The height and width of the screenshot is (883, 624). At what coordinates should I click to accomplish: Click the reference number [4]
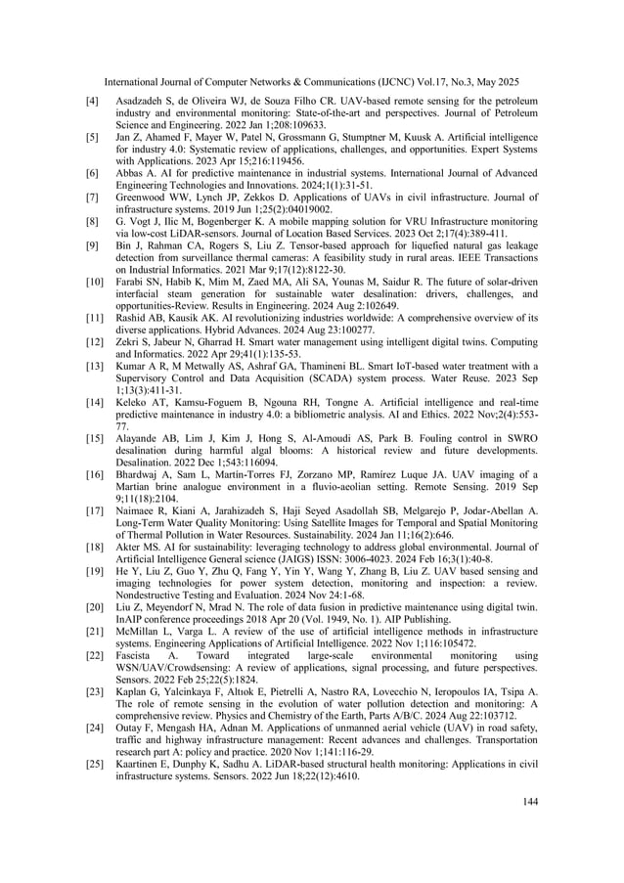tap(93, 100)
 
